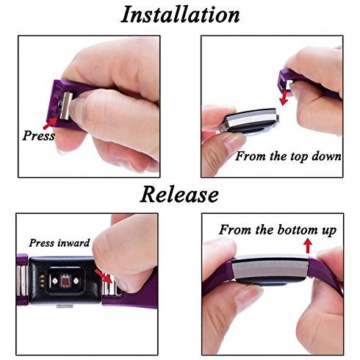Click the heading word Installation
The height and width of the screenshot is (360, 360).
[x=180, y=15]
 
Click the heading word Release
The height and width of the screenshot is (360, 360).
[x=179, y=194]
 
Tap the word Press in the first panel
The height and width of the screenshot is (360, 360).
[x=38, y=135]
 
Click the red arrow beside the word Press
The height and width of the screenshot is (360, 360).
[x=50, y=123]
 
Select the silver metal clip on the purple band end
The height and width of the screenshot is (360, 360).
[x=66, y=106]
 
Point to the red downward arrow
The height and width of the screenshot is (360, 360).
[x=284, y=97]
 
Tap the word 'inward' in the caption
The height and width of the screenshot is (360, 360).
[x=73, y=243]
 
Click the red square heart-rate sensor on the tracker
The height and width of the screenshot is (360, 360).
[x=65, y=281]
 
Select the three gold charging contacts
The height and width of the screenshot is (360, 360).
[x=43, y=281]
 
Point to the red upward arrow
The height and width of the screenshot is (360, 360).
[x=308, y=246]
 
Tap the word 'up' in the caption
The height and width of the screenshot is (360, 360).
[x=328, y=231]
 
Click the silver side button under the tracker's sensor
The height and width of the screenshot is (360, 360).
[x=65, y=306]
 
